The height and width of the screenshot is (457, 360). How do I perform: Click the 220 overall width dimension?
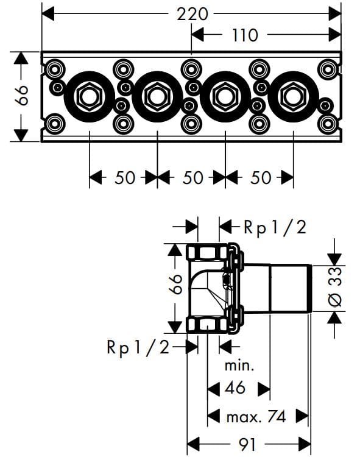click(x=192, y=13)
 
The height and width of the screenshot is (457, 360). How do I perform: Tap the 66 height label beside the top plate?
click(x=21, y=96)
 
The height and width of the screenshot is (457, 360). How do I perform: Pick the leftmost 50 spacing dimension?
click(x=124, y=177)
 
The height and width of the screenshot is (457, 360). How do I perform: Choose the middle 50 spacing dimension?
click(x=192, y=177)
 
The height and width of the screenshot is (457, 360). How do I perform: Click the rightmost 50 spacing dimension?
click(x=260, y=177)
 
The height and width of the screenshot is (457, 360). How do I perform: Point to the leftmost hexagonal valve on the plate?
click(x=90, y=96)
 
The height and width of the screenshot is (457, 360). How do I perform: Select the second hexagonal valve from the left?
click(x=158, y=96)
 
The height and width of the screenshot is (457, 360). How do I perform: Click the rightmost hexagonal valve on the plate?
click(x=294, y=96)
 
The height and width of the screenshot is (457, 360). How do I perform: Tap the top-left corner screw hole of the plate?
click(x=55, y=67)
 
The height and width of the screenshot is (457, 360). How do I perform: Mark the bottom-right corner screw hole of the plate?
click(x=328, y=126)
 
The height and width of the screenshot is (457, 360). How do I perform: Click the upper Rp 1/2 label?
click(x=274, y=227)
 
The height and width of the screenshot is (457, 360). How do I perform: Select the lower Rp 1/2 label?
click(x=136, y=347)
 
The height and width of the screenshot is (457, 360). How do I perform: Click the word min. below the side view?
click(x=239, y=366)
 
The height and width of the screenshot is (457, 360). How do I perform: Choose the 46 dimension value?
click(x=235, y=388)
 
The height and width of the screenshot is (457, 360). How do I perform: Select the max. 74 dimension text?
click(x=256, y=417)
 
